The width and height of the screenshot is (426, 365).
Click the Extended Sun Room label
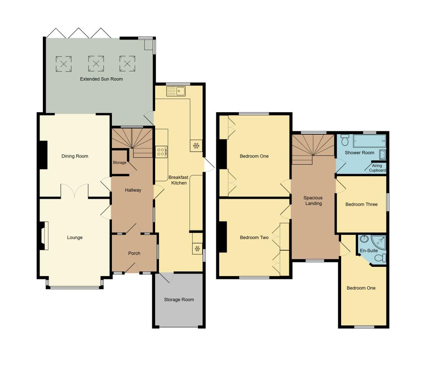tap(102, 79)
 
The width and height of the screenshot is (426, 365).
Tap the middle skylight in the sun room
tap(96, 64)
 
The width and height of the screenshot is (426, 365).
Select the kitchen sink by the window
tap(181, 91)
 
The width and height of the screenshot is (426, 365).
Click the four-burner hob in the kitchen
tap(161, 151)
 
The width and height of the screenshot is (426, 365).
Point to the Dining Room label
tap(75, 156)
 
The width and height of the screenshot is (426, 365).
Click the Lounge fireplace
tap(44, 236)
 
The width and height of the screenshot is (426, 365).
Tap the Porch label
tap(134, 253)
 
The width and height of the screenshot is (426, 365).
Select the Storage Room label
tap(179, 299)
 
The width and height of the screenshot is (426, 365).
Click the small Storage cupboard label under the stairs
tap(119, 163)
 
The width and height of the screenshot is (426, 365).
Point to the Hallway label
tap(133, 190)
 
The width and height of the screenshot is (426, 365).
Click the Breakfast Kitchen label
tap(178, 180)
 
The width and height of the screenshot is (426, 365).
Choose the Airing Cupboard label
tap(377, 168)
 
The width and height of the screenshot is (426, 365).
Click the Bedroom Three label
tap(362, 204)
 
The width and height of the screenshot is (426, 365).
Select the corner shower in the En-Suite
tap(379, 241)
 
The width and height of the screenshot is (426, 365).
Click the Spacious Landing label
tap(313, 200)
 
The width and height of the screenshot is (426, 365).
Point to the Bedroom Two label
tap(254, 238)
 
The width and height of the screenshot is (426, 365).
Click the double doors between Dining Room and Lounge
tap(75, 192)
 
